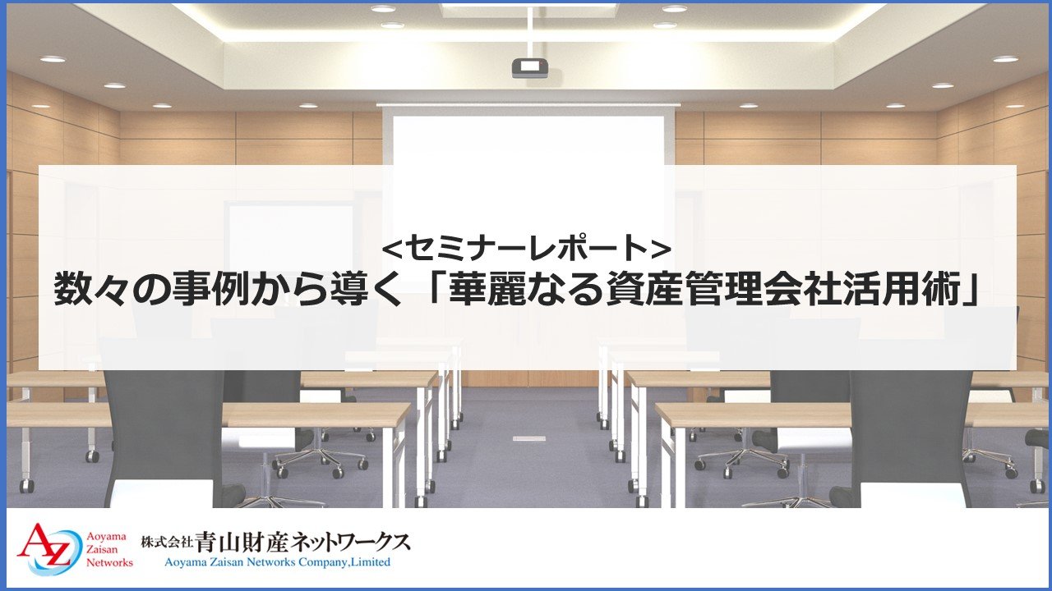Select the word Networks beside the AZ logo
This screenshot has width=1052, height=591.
109,562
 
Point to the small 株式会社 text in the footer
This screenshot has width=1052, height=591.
167,543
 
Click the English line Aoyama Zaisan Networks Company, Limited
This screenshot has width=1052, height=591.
277,562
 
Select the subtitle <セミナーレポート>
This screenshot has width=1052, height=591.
527,248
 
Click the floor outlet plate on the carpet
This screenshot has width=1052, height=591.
529,438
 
